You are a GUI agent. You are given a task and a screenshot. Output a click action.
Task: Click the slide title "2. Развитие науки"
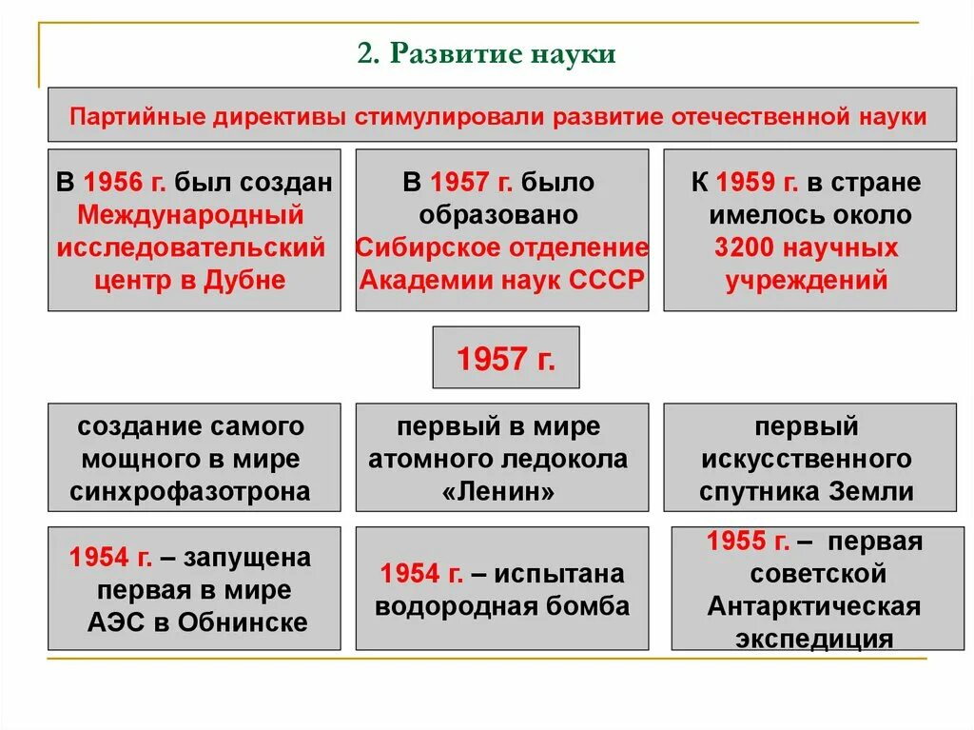pos(487,53)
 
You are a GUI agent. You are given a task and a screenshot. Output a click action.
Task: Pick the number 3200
pos(751,248)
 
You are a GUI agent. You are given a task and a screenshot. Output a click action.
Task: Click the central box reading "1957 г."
pos(505,358)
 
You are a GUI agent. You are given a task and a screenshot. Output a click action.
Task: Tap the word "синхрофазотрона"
pos(190,491)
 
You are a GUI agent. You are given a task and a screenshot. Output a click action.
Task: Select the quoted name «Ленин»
pos(502,491)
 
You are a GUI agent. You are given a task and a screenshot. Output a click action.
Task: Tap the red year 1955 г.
pos(748,542)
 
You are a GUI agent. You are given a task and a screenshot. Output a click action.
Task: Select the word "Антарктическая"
pos(814,606)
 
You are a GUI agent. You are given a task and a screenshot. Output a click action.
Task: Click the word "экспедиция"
pos(814,639)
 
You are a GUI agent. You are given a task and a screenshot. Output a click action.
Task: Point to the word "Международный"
pos(191,215)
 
